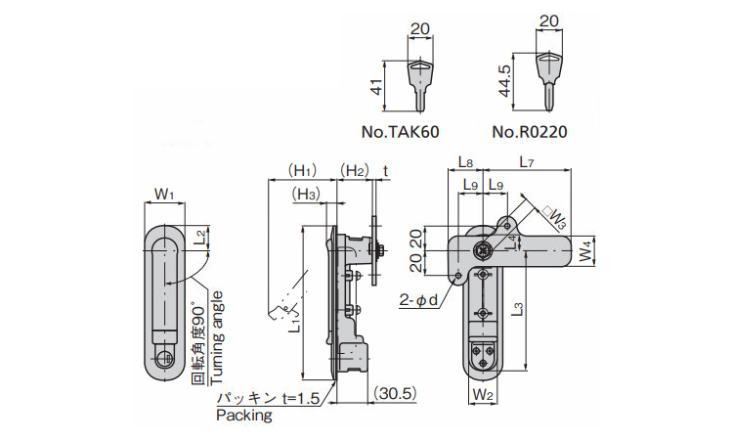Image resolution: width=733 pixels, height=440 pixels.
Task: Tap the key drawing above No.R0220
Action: tap(547, 77)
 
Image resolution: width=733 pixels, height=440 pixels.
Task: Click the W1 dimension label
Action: tap(164, 195)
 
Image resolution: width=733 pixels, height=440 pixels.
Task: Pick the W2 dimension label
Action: tap(482, 395)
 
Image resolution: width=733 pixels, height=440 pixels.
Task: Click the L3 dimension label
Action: tap(519, 310)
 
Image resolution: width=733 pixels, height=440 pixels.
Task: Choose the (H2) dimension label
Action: tap(354, 170)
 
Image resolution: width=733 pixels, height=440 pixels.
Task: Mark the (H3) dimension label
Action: tap(306, 195)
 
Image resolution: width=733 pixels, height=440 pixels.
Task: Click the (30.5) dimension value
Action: tap(395, 394)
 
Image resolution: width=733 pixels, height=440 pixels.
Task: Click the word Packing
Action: tap(243, 416)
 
